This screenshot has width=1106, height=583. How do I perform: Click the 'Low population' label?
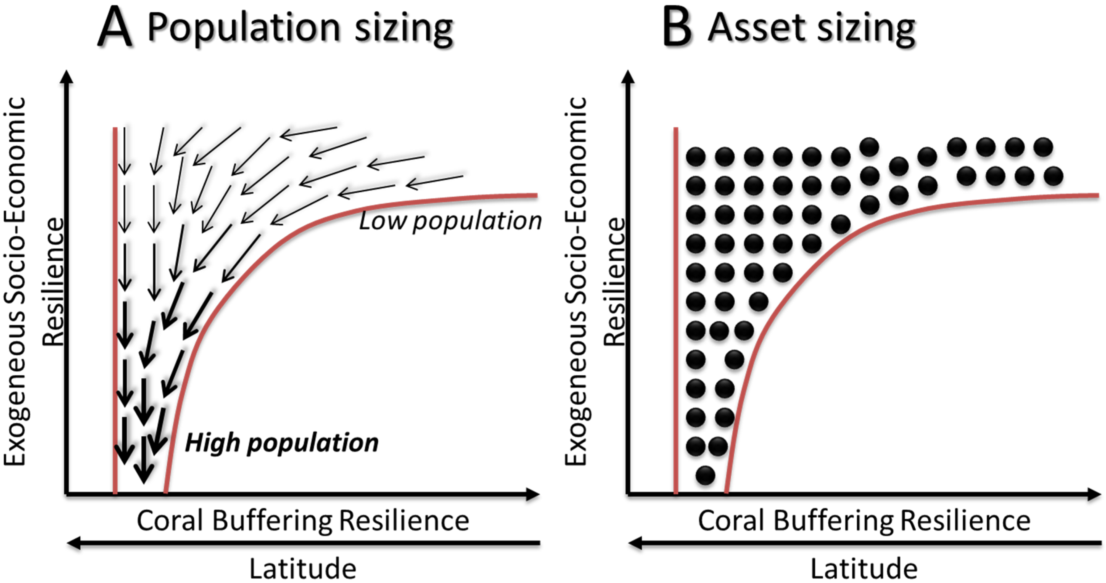(x=450, y=221)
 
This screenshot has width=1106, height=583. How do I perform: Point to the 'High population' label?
(x=281, y=443)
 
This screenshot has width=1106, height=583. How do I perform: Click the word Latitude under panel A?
(x=303, y=569)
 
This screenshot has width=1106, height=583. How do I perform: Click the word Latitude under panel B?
(x=864, y=569)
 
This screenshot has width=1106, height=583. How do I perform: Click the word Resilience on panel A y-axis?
(x=54, y=282)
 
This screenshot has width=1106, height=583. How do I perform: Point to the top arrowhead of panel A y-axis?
(x=67, y=76)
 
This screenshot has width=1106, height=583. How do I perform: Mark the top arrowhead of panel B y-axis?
(x=628, y=76)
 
